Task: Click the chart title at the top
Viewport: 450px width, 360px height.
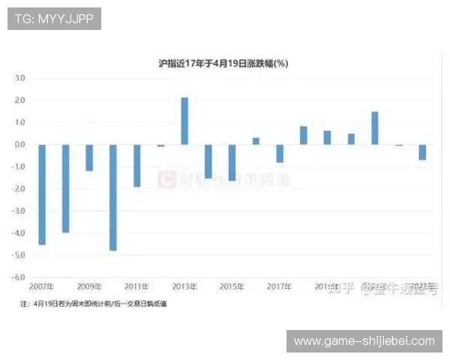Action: pyautogui.click(x=225, y=64)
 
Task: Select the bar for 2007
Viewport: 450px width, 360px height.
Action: pyautogui.click(x=42, y=194)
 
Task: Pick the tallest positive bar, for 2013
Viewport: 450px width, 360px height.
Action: pyautogui.click(x=184, y=121)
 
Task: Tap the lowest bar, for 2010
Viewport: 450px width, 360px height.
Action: pyautogui.click(x=113, y=197)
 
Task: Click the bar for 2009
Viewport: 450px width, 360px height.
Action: pyautogui.click(x=89, y=157)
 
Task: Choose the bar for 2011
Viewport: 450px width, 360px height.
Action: pyautogui.click(x=137, y=165)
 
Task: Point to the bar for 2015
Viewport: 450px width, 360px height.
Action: pyautogui.click(x=232, y=162)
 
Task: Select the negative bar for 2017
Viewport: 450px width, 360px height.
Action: pyautogui.click(x=280, y=153)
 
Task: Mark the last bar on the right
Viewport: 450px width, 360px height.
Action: pyautogui.click(x=422, y=151)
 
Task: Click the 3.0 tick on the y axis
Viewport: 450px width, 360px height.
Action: pyautogui.click(x=19, y=78)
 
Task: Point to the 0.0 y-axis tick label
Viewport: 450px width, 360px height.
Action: pyautogui.click(x=19, y=145)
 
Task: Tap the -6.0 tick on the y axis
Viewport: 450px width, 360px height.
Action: pyautogui.click(x=18, y=277)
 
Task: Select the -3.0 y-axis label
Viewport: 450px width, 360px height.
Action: pyautogui.click(x=18, y=211)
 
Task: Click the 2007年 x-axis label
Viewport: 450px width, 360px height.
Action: pyautogui.click(x=42, y=286)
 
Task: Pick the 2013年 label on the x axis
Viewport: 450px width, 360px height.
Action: pyautogui.click(x=184, y=286)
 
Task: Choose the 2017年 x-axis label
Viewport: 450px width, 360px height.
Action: pyautogui.click(x=280, y=286)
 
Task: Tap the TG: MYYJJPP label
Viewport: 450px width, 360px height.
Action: pyautogui.click(x=54, y=19)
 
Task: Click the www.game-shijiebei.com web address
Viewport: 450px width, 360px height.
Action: pyautogui.click(x=364, y=341)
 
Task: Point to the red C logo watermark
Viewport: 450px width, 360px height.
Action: pyautogui.click(x=165, y=178)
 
